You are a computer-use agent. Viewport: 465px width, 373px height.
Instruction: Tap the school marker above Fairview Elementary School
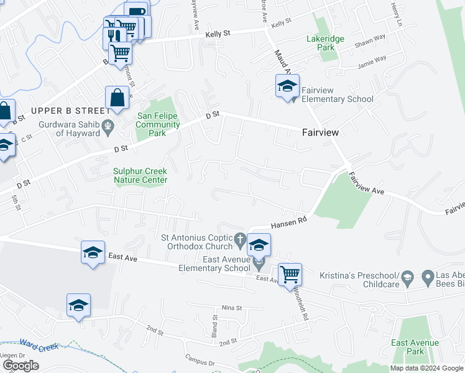pyautogui.click(x=287, y=87)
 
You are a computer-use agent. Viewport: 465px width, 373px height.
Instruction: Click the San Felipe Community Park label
pyautogui.click(x=158, y=124)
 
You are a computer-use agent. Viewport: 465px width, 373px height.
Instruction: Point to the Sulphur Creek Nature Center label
pyautogui.click(x=140, y=176)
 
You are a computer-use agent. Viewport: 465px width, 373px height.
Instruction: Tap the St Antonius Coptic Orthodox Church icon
pyautogui.click(x=240, y=238)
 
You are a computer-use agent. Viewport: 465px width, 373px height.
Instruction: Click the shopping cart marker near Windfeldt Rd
pyautogui.click(x=290, y=275)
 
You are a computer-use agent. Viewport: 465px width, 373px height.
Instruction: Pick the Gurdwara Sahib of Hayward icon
pyautogui.click(x=108, y=127)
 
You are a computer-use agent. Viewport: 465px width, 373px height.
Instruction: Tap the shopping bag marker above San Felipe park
pyautogui.click(x=117, y=98)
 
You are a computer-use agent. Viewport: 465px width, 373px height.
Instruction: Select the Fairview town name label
pyautogui.click(x=320, y=132)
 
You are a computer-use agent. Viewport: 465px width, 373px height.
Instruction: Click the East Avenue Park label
pyautogui.click(x=415, y=347)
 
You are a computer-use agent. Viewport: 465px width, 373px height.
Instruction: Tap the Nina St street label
pyautogui.click(x=231, y=308)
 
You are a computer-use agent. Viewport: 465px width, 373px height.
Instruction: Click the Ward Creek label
pyautogui.click(x=38, y=346)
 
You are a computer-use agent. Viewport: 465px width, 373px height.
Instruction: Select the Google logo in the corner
pyautogui.click(x=21, y=366)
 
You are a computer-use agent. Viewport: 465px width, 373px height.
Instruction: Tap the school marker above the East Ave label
pyautogui.click(x=93, y=253)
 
